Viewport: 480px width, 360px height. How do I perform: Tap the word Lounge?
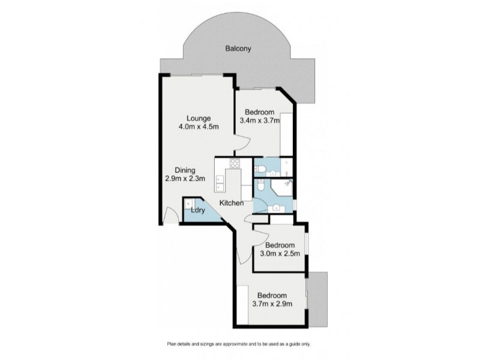pyautogui.click(x=198, y=118)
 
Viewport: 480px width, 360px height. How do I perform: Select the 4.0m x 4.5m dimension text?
pyautogui.click(x=198, y=127)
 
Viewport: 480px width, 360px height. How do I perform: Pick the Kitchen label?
pyautogui.click(x=231, y=203)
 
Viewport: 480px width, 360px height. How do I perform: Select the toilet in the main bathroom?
pyautogui.click(x=262, y=188)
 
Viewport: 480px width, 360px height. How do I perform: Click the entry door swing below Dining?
pyautogui.click(x=171, y=215)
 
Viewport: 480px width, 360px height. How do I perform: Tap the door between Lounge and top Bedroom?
pyautogui.click(x=239, y=142)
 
